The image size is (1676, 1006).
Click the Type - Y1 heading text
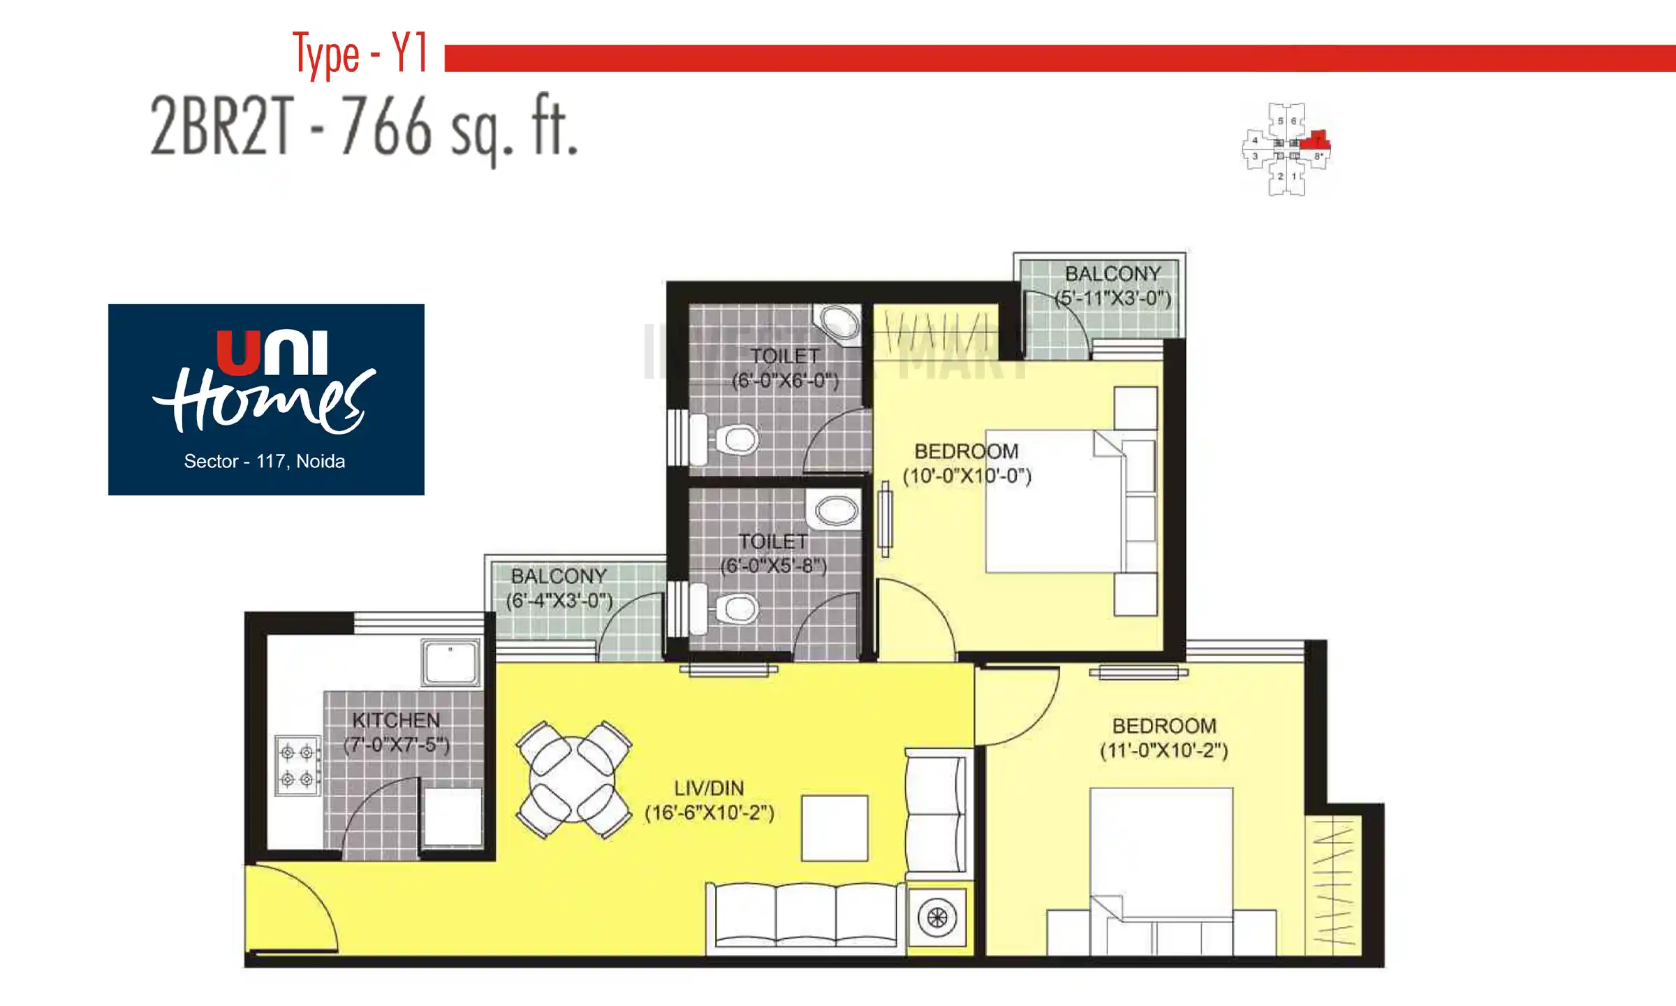click(359, 54)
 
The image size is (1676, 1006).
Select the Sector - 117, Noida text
click(264, 461)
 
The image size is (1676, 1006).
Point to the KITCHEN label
click(395, 720)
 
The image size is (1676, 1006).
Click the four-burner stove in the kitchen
click(297, 766)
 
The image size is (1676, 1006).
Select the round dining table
click(573, 780)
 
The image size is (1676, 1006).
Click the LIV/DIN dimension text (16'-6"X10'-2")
click(709, 813)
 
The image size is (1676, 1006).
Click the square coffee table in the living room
click(835, 828)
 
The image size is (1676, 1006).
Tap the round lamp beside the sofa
click(936, 917)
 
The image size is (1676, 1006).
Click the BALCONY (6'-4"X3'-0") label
click(559, 588)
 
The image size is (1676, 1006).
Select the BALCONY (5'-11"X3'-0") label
click(1112, 286)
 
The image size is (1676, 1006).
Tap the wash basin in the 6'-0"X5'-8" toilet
click(836, 511)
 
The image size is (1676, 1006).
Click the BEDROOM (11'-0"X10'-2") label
click(1163, 738)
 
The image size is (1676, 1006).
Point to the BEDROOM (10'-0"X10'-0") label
click(966, 463)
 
